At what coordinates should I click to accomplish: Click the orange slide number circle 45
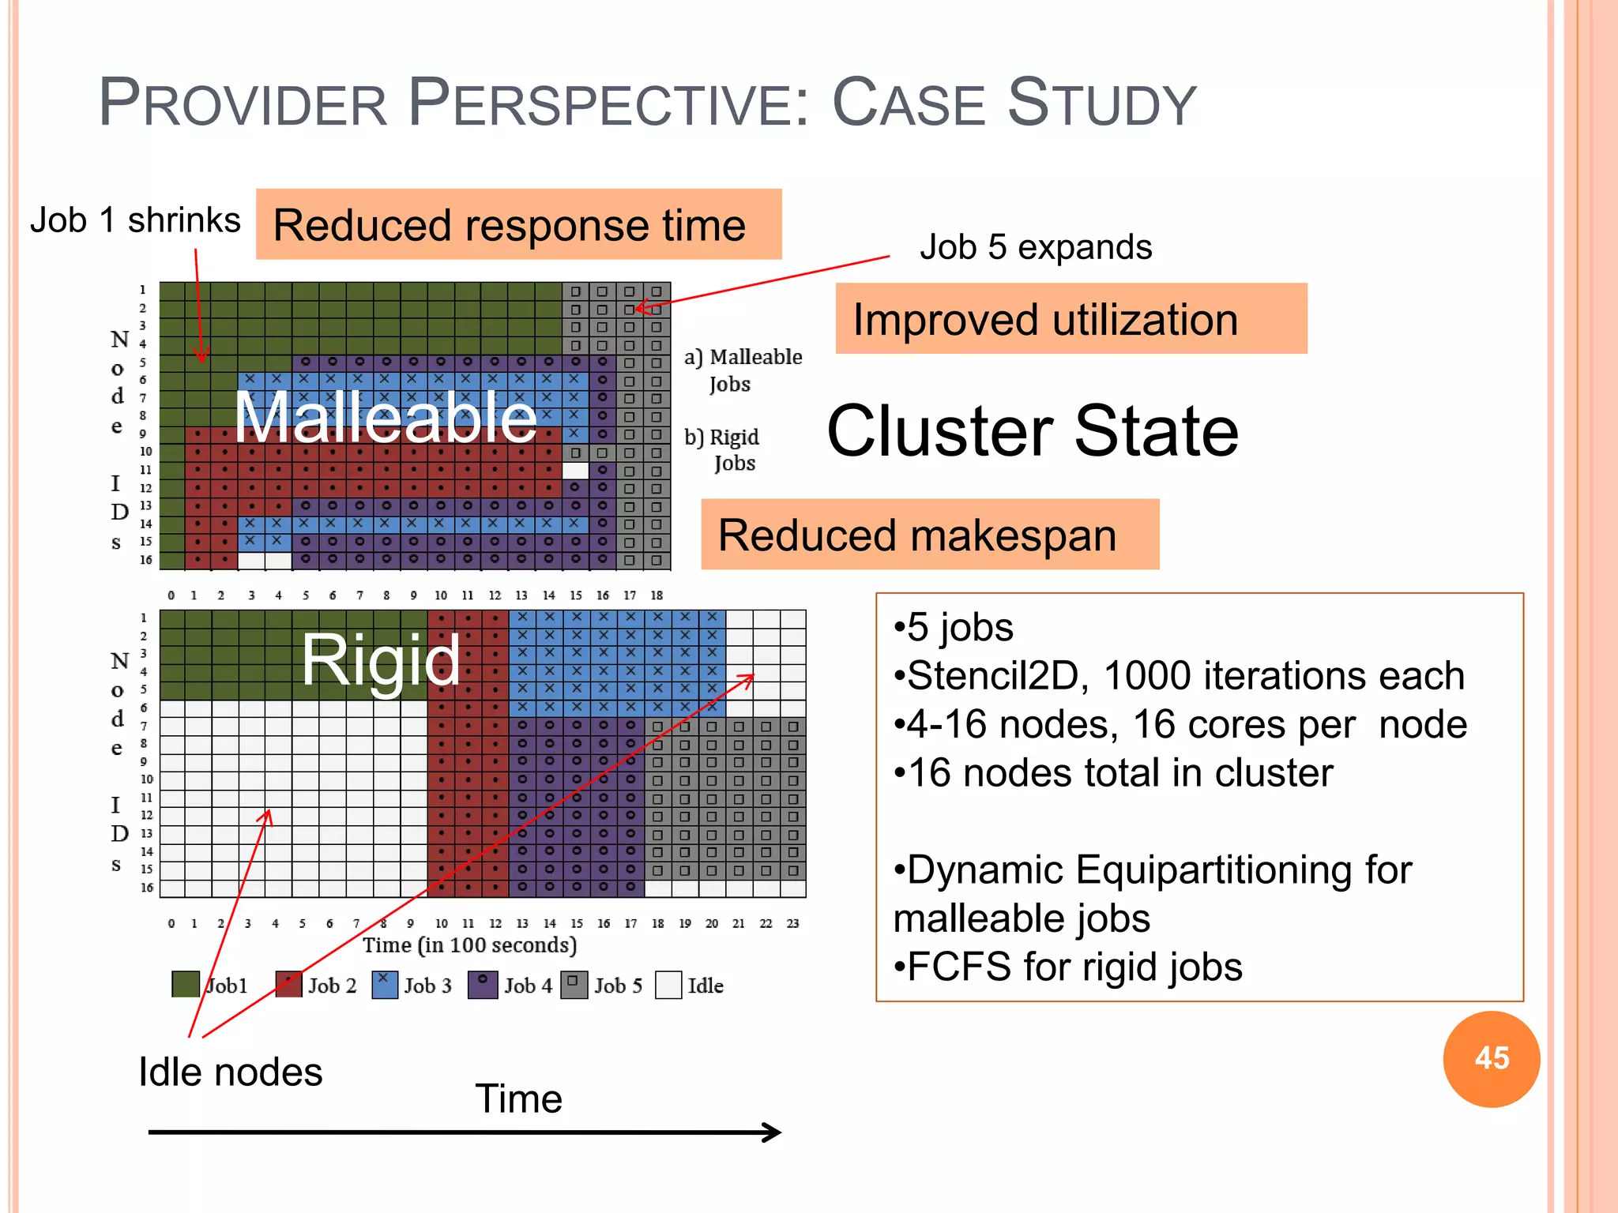(x=1491, y=1058)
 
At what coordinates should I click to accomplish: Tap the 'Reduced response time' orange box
(x=518, y=225)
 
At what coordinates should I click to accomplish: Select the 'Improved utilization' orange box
(x=1071, y=319)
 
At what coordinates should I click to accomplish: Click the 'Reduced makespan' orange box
(x=929, y=535)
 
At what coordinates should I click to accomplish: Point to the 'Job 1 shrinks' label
(x=135, y=220)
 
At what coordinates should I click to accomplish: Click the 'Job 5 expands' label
(x=1035, y=247)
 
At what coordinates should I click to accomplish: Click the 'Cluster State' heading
(x=1033, y=431)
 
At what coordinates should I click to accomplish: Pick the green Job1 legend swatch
(x=186, y=985)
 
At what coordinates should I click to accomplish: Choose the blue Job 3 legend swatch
(x=385, y=985)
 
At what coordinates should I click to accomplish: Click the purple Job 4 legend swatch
(x=482, y=985)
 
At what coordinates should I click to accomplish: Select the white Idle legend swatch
(x=668, y=985)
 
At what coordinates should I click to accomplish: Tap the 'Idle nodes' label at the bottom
(x=230, y=1072)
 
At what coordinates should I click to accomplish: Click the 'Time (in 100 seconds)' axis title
(x=469, y=945)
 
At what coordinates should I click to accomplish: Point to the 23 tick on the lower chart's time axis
(x=792, y=923)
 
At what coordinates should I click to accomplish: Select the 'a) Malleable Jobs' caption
(x=743, y=370)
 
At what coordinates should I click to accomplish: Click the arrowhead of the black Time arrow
(x=773, y=1132)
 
